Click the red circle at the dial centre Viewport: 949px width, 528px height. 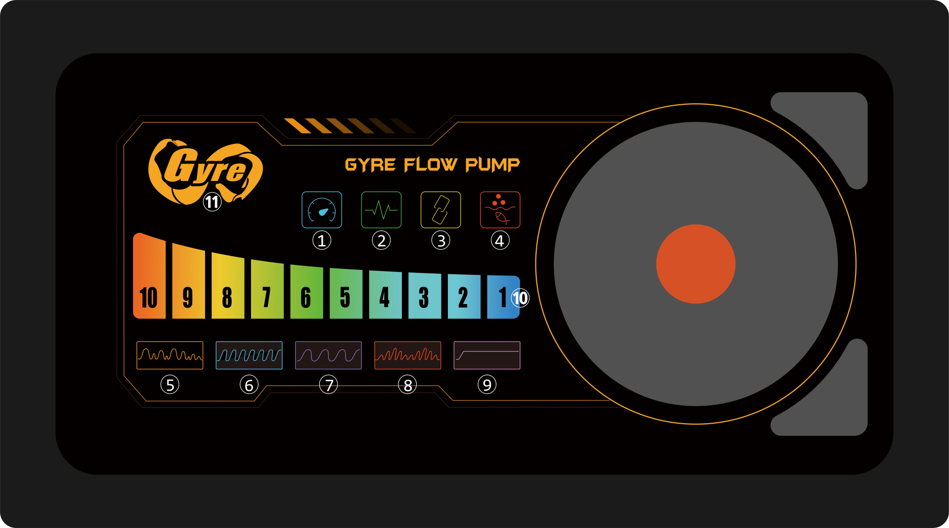click(695, 264)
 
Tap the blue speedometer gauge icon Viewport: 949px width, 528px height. click(322, 210)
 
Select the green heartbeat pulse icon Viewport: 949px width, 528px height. click(381, 210)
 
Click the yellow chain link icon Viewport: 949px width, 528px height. click(440, 210)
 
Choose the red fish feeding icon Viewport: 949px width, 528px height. click(500, 210)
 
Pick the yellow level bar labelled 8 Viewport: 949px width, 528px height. click(228, 286)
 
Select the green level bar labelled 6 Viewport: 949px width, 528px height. click(306, 292)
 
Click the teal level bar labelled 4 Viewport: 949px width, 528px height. click(385, 295)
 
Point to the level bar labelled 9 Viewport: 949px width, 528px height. click(188, 281)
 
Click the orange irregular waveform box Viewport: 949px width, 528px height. click(170, 355)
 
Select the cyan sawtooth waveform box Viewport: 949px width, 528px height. click(249, 355)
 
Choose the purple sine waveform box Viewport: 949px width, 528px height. click(328, 355)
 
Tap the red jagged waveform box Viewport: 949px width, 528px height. click(408, 355)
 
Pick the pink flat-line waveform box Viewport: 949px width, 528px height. click(487, 355)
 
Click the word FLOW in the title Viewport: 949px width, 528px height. click(431, 165)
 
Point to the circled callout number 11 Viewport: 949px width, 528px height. click(212, 202)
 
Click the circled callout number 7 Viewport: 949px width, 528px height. click(329, 385)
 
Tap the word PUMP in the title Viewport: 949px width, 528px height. click(492, 165)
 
